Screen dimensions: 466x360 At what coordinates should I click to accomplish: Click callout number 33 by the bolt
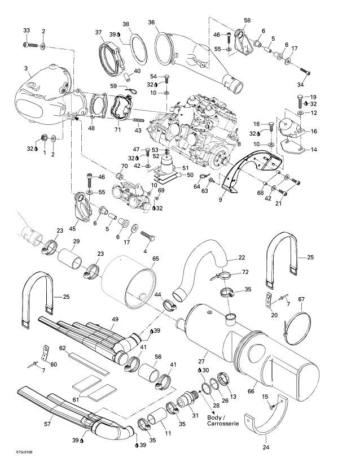(27, 30)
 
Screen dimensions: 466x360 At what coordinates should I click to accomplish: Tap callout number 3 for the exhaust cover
(26, 68)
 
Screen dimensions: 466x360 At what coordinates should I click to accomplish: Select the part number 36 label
(151, 22)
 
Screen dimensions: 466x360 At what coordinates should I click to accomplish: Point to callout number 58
(247, 21)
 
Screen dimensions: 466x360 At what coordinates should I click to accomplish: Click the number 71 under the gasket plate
(118, 130)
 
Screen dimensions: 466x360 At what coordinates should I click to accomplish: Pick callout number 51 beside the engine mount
(183, 167)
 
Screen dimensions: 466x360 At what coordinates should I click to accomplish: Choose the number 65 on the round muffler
(156, 258)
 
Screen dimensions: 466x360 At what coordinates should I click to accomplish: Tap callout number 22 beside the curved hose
(242, 258)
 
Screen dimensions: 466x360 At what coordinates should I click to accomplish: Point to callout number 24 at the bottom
(266, 447)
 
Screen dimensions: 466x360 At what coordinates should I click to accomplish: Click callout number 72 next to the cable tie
(245, 273)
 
